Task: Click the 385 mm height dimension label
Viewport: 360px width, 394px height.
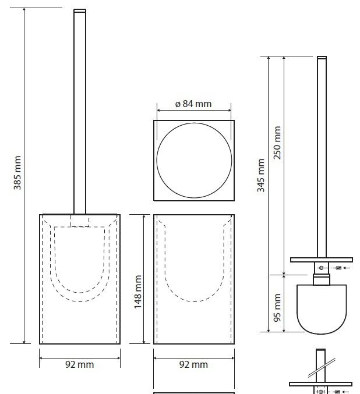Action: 17,173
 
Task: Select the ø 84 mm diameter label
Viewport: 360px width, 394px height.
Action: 193,104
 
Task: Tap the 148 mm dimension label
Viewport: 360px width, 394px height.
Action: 138,292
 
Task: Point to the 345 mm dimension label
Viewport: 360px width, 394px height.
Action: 261,175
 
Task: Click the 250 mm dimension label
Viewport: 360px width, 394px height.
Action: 277,143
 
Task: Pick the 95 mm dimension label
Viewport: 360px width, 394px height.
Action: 277,307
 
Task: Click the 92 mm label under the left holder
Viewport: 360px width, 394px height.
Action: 79,364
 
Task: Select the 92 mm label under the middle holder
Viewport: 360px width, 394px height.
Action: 193,364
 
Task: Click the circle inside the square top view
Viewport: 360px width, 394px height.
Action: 157,160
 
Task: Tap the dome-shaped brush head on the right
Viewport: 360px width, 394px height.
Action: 322,309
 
